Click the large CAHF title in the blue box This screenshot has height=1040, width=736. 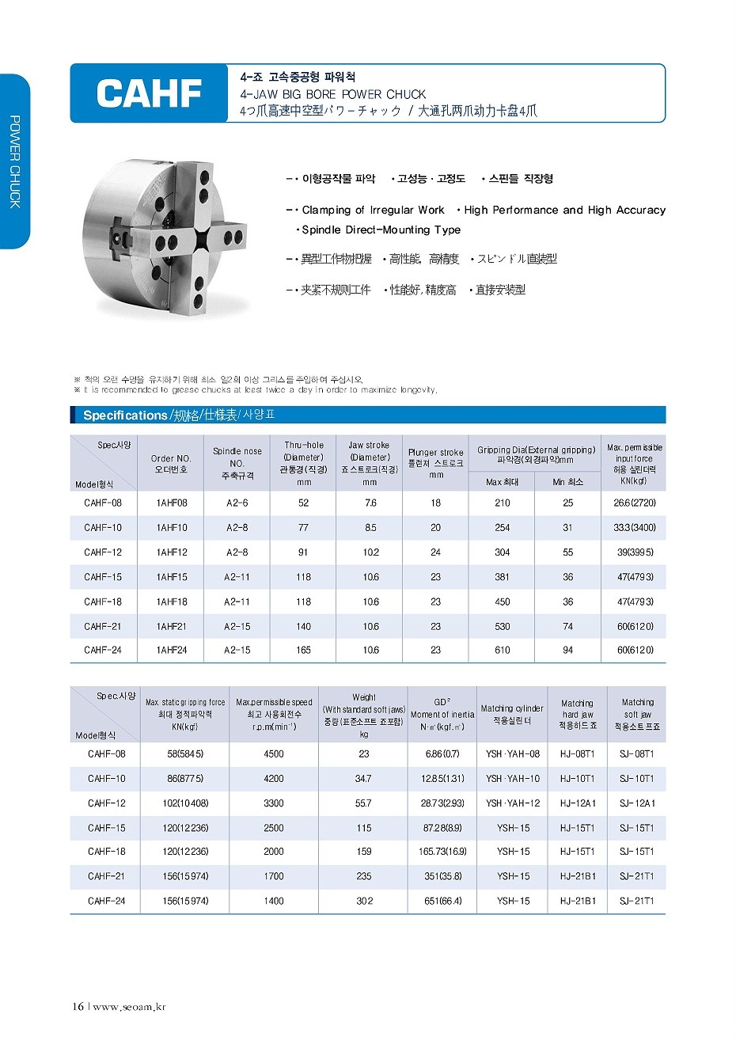pyautogui.click(x=149, y=94)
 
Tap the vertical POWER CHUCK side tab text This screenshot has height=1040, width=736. pyautogui.click(x=14, y=162)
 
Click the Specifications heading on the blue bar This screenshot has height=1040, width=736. pyautogui.click(x=125, y=416)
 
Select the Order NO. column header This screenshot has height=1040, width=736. pyautogui.click(x=171, y=464)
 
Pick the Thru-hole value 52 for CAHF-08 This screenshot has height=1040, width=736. pyautogui.click(x=304, y=503)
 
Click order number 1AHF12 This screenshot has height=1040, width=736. pyautogui.click(x=172, y=552)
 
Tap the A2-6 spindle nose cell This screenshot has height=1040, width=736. pyautogui.click(x=237, y=503)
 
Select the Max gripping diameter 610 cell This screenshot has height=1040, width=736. pyautogui.click(x=503, y=650)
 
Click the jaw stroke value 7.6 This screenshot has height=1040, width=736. pyautogui.click(x=370, y=503)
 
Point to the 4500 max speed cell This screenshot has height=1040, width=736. pyautogui.click(x=274, y=754)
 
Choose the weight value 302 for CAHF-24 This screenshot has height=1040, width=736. pyautogui.click(x=364, y=901)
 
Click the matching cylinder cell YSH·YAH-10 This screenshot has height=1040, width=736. pyautogui.click(x=513, y=779)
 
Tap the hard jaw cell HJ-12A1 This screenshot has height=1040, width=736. pyautogui.click(x=578, y=803)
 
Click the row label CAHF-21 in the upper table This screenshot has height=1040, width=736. pyautogui.click(x=103, y=626)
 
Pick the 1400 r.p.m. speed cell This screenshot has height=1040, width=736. pyautogui.click(x=274, y=901)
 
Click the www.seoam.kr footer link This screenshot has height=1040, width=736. pyautogui.click(x=129, y=1007)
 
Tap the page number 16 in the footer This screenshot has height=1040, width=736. pyautogui.click(x=78, y=1007)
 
